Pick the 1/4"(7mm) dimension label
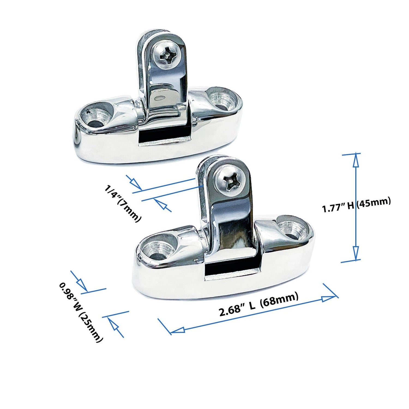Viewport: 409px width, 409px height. coord(122,203)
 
